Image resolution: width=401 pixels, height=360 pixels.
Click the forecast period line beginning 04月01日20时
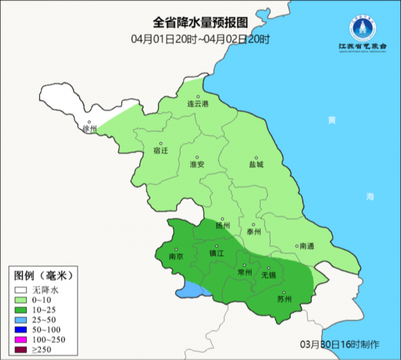(200, 39)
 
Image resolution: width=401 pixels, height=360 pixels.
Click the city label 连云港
(197, 104)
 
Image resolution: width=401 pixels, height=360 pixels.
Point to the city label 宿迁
(160, 151)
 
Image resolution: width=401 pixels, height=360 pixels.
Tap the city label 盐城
(256, 164)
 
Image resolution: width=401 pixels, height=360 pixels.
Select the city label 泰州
(253, 232)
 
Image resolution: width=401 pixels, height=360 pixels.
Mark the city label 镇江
(217, 254)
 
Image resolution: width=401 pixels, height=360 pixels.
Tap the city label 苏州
(285, 298)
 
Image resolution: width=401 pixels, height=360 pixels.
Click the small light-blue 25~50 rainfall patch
(190, 290)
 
